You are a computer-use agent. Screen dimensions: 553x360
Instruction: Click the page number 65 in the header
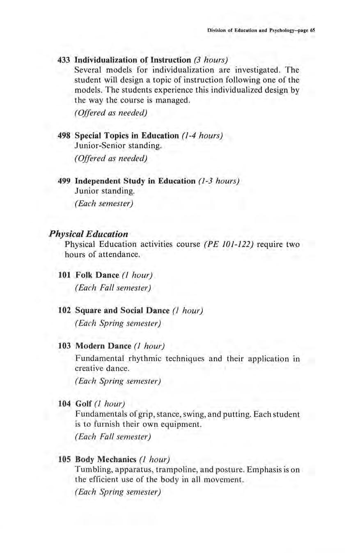pyautogui.click(x=312, y=30)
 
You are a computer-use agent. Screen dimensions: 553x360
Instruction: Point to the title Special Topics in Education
pyautogui.click(x=127, y=136)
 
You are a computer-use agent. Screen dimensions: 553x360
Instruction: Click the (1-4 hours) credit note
pyautogui.click(x=202, y=136)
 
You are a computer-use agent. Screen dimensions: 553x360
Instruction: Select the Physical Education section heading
pyautogui.click(x=88, y=234)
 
